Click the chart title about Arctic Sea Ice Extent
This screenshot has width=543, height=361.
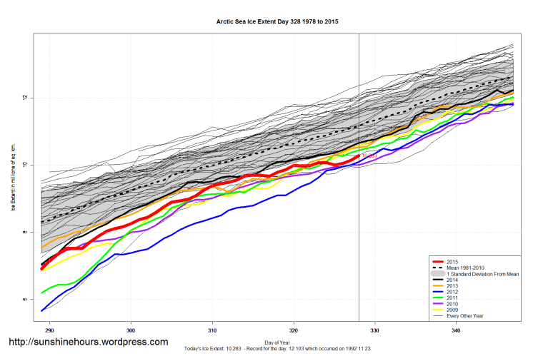click(x=277, y=22)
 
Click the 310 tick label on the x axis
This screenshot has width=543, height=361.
click(x=212, y=331)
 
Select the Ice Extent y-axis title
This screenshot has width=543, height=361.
click(x=13, y=178)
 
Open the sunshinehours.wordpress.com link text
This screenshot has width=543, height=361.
click(x=88, y=342)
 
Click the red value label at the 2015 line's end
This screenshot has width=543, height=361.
click(x=369, y=155)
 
